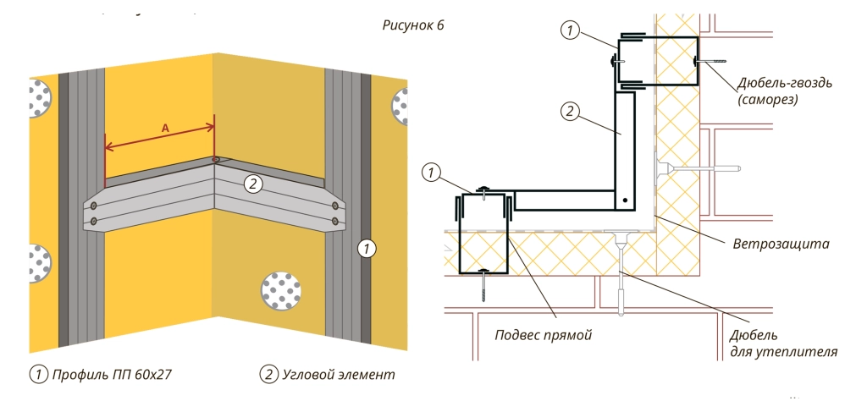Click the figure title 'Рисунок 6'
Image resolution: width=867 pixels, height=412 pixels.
pyautogui.click(x=414, y=25)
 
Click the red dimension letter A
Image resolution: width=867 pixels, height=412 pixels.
pyautogui.click(x=165, y=126)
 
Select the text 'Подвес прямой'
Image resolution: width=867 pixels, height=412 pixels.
pyautogui.click(x=543, y=334)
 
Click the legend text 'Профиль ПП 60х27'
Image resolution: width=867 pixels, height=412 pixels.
pyautogui.click(x=112, y=373)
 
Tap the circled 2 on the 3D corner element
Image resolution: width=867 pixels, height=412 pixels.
pyautogui.click(x=251, y=182)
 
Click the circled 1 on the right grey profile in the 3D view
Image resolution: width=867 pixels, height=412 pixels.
pyautogui.click(x=366, y=249)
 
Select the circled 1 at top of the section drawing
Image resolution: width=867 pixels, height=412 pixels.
pyautogui.click(x=570, y=30)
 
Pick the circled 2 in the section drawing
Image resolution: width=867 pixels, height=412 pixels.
pyautogui.click(x=570, y=109)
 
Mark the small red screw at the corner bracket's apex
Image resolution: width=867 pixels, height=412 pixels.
pyautogui.click(x=216, y=159)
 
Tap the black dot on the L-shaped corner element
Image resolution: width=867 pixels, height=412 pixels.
pyautogui.click(x=624, y=201)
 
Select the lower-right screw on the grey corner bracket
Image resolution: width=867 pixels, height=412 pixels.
pyautogui.click(x=337, y=222)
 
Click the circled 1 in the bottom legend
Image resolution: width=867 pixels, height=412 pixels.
pyautogui.click(x=37, y=373)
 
